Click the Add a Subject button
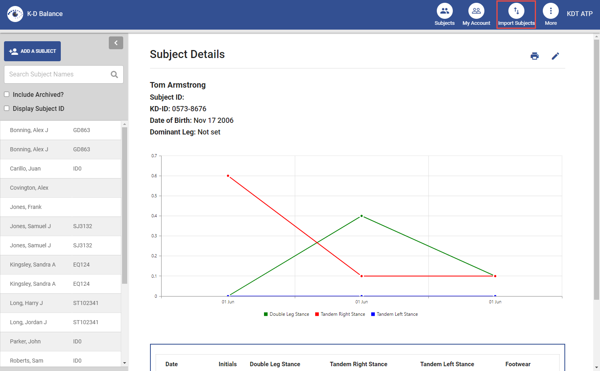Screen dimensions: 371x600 coord(32,51)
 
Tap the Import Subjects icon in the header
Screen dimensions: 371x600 coord(516,11)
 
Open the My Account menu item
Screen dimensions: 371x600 coord(476,11)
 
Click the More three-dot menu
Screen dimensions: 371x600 coord(550,11)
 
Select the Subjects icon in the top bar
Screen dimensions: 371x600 coord(444,11)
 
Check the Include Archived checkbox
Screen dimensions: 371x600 coord(7,94)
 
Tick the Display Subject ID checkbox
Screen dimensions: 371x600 coord(7,108)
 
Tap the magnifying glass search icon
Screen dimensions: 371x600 coord(114,74)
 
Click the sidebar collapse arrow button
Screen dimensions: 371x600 coord(116,43)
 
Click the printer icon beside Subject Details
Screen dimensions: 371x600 coord(534,56)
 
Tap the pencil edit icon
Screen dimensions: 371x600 coord(555,56)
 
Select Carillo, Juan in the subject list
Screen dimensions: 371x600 coord(26,168)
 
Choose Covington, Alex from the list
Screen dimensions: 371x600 coord(29,188)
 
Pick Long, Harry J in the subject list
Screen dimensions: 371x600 coord(26,303)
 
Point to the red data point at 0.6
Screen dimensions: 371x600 coord(228,176)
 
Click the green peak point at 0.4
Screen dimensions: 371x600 coord(362,216)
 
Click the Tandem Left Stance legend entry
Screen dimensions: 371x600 coord(394,314)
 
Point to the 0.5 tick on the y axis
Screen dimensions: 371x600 coord(154,196)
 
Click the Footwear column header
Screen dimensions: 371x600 coord(518,364)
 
